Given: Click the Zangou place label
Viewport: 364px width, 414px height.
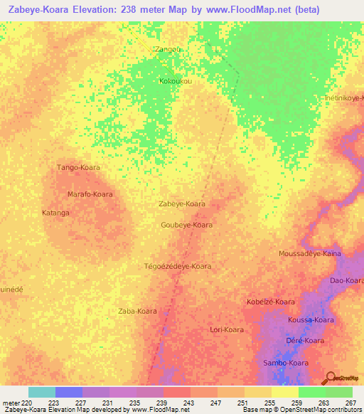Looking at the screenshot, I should [x=168, y=49].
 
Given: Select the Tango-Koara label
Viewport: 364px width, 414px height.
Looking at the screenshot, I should [x=78, y=167].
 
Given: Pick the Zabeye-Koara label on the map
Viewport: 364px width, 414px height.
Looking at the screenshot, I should [x=181, y=203].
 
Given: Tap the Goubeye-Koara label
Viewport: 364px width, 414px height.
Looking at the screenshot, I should [x=187, y=225].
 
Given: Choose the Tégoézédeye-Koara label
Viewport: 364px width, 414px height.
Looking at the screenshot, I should [x=178, y=266].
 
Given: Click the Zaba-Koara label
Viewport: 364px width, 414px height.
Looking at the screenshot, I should [x=137, y=311].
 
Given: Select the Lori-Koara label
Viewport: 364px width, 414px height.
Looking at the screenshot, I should [x=227, y=329].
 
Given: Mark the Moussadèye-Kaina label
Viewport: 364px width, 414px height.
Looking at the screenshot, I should [x=310, y=253].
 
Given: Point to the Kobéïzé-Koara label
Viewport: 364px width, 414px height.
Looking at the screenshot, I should [x=270, y=302].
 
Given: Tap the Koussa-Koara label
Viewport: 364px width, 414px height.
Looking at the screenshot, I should [x=311, y=320].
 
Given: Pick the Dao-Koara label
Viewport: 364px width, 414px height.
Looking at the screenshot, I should [x=346, y=281].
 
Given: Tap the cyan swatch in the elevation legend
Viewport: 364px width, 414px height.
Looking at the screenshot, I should [x=41, y=392].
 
